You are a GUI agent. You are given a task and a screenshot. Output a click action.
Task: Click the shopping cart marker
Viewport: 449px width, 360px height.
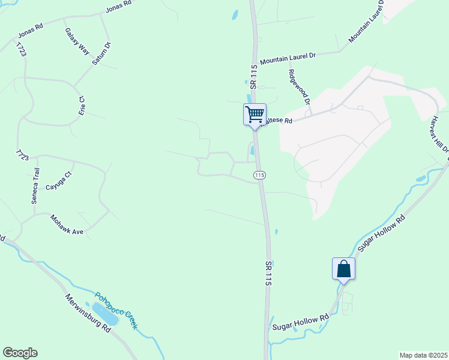pos(255,114)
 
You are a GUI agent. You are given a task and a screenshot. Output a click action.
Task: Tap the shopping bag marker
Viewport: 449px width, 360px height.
pos(343,268)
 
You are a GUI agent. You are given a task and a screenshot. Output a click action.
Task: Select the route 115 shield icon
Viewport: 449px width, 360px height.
pos(259,175)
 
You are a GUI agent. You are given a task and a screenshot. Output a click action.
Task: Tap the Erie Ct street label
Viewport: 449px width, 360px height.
pos(82,106)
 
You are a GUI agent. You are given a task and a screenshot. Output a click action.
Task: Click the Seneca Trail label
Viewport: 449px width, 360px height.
pos(34,185)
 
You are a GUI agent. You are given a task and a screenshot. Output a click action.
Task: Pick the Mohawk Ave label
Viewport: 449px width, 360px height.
pos(66,224)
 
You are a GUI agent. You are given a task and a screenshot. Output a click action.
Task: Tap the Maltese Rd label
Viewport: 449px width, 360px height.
pos(279,121)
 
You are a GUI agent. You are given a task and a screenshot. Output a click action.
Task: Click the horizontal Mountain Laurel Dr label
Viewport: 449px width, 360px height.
pos(287,56)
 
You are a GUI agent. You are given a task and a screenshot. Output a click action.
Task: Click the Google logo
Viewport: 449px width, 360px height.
pos(20,353)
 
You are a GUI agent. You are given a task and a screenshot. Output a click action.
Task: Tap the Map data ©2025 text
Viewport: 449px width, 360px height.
pos(423,355)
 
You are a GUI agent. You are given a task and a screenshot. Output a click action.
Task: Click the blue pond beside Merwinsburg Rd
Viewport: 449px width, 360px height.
pos(107,313)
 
